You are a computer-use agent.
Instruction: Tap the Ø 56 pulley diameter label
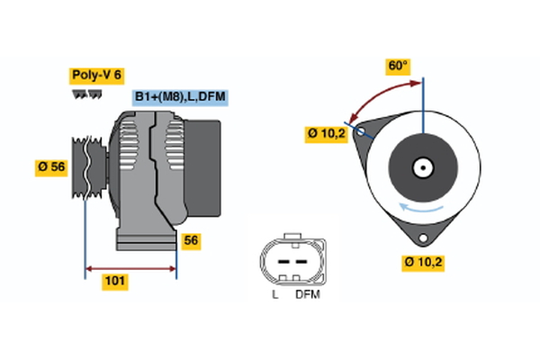pyautogui.click(x=51, y=167)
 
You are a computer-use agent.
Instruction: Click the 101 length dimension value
pyautogui.click(x=114, y=282)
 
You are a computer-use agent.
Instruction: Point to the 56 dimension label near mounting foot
pyautogui.click(x=191, y=240)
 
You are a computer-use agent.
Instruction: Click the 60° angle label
pyautogui.click(x=398, y=66)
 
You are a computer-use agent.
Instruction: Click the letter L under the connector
pyautogui.click(x=274, y=294)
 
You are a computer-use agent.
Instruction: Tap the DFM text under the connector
pyautogui.click(x=306, y=294)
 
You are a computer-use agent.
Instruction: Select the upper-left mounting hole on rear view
pyautogui.click(x=361, y=132)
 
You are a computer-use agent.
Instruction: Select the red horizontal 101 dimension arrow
pyautogui.click(x=130, y=268)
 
